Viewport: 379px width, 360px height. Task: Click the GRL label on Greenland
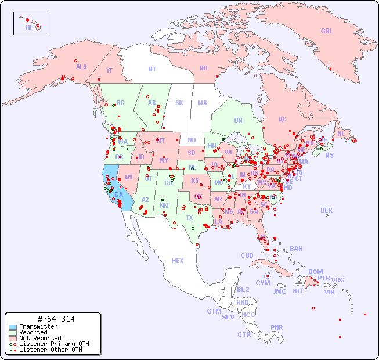click(327, 31)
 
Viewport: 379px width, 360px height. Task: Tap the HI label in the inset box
click(28, 27)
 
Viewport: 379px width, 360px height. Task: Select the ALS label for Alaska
click(81, 67)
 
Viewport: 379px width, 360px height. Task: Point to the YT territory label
click(109, 70)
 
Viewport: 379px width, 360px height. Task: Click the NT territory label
click(151, 69)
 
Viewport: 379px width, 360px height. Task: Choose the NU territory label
click(203, 68)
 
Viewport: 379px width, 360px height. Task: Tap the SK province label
click(179, 103)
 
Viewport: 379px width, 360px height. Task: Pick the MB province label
click(203, 103)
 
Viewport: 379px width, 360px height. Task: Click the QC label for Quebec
click(282, 120)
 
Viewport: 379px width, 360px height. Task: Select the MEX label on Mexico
click(177, 261)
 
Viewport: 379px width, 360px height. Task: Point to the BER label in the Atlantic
click(326, 211)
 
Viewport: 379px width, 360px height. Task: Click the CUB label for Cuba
click(247, 255)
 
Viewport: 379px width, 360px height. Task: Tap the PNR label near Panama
click(277, 327)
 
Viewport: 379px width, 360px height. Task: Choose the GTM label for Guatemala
click(214, 311)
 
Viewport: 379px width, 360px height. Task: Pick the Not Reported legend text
click(40, 338)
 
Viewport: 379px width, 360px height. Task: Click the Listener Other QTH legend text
click(50, 350)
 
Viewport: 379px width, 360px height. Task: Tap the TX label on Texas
click(189, 218)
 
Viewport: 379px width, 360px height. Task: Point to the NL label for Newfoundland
click(341, 134)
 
